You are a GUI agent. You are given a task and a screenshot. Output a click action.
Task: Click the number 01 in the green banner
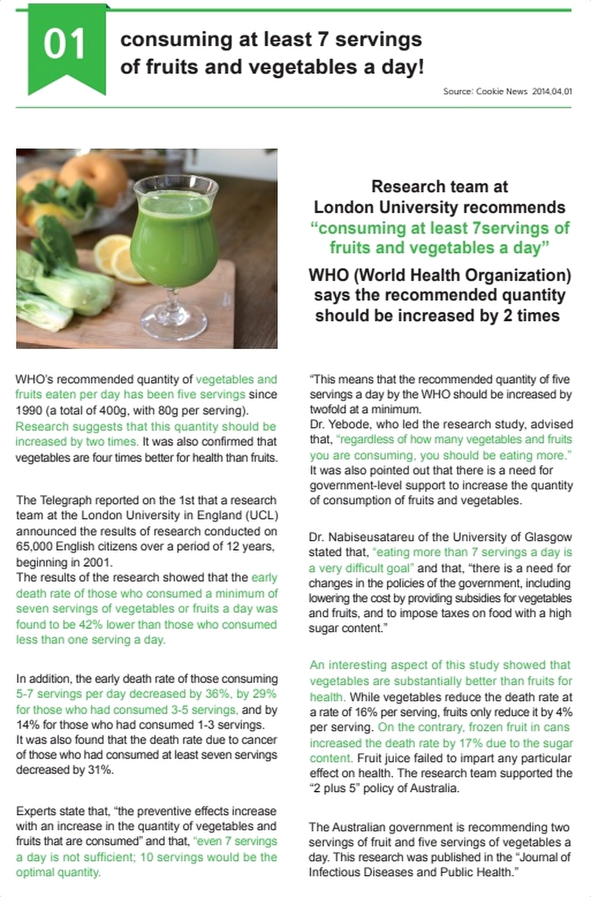pyautogui.click(x=65, y=44)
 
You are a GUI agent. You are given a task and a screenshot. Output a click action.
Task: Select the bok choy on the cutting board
pyautogui.click(x=63, y=282)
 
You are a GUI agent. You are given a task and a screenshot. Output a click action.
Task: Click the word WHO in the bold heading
pyautogui.click(x=328, y=275)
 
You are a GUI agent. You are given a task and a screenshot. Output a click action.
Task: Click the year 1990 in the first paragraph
pyautogui.click(x=29, y=411)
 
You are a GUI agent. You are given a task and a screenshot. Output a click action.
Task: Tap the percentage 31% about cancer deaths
pyautogui.click(x=100, y=770)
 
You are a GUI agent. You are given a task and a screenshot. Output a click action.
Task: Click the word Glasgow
pyautogui.click(x=548, y=537)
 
